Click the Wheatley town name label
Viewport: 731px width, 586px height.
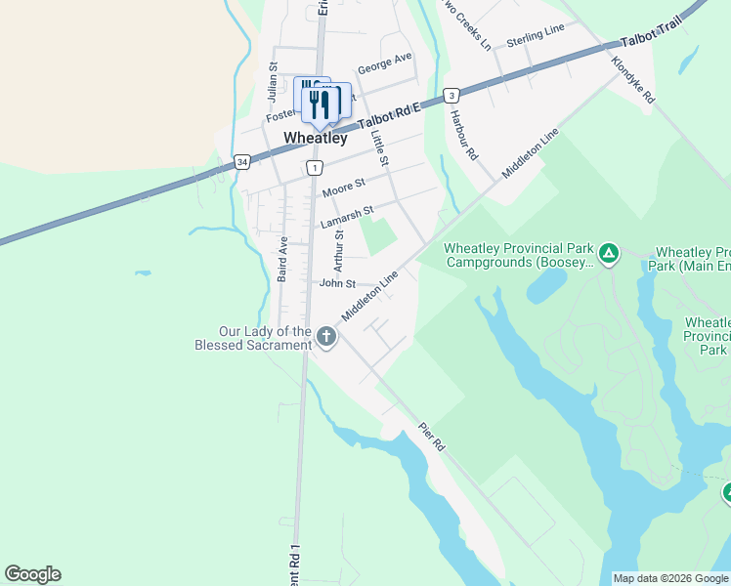point(315,139)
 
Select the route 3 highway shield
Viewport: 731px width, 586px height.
point(451,95)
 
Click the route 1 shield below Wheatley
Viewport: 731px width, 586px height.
point(313,168)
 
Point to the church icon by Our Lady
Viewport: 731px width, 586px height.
point(326,338)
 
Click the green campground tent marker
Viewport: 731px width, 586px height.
point(609,255)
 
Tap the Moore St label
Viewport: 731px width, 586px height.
point(343,186)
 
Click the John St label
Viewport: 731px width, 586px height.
point(336,283)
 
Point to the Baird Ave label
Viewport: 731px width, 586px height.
point(282,259)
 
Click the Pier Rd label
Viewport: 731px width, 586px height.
point(431,436)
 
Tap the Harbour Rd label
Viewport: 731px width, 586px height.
point(463,135)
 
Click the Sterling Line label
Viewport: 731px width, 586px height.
point(536,37)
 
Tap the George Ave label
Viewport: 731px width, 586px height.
point(384,63)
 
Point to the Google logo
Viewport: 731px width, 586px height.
point(32,574)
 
